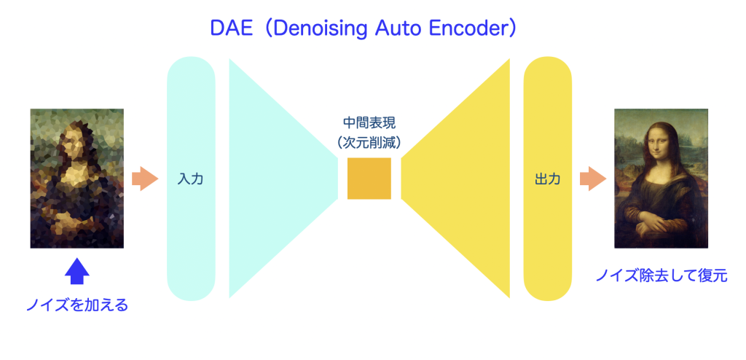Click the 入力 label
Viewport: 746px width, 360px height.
pos(190,179)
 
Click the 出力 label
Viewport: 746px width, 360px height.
pos(548,179)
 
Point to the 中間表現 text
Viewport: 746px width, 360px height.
pos(369,123)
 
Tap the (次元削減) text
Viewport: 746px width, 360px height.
pos(369,141)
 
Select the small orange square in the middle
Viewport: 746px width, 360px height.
pos(369,178)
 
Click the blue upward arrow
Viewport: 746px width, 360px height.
pos(76,271)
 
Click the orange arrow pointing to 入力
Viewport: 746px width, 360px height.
pos(145,179)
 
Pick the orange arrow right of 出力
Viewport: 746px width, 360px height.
pos(593,179)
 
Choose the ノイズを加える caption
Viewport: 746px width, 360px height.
pos(77,305)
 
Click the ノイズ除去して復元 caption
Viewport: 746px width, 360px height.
pos(661,275)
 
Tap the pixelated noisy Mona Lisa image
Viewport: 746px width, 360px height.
pos(77,179)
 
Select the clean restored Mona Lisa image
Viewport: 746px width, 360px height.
pos(661,179)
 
